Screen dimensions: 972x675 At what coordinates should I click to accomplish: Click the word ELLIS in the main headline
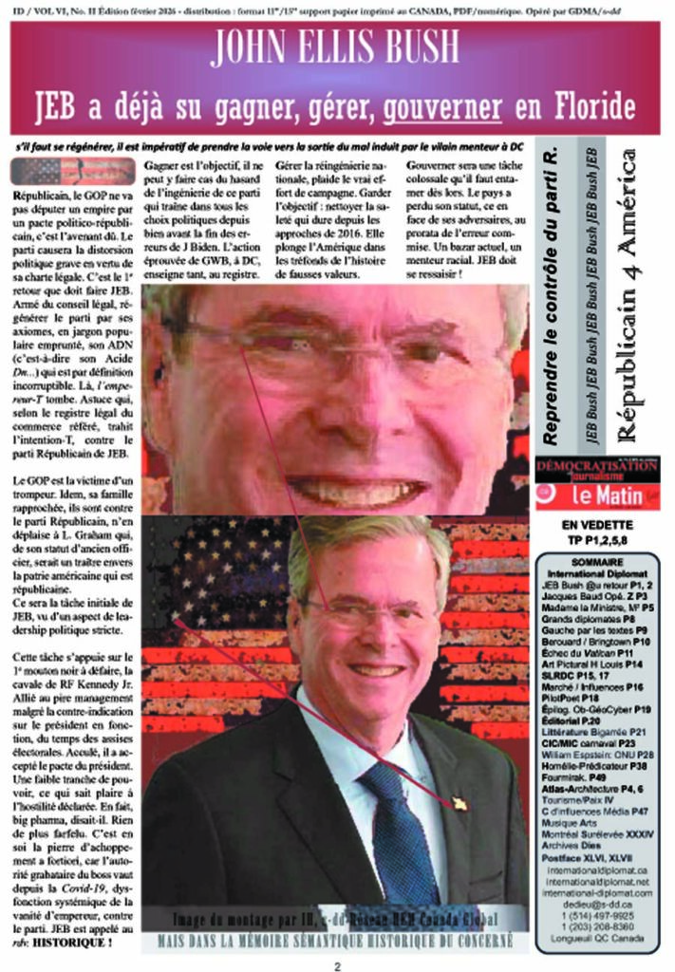coord(330,47)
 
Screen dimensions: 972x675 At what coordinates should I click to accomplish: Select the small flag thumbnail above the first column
coord(72,171)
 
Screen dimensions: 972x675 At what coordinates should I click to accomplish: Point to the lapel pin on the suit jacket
coord(459,804)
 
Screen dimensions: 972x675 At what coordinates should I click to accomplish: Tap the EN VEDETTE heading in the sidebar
coord(596,525)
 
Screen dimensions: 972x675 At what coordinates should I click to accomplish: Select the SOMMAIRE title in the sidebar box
coord(598,562)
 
